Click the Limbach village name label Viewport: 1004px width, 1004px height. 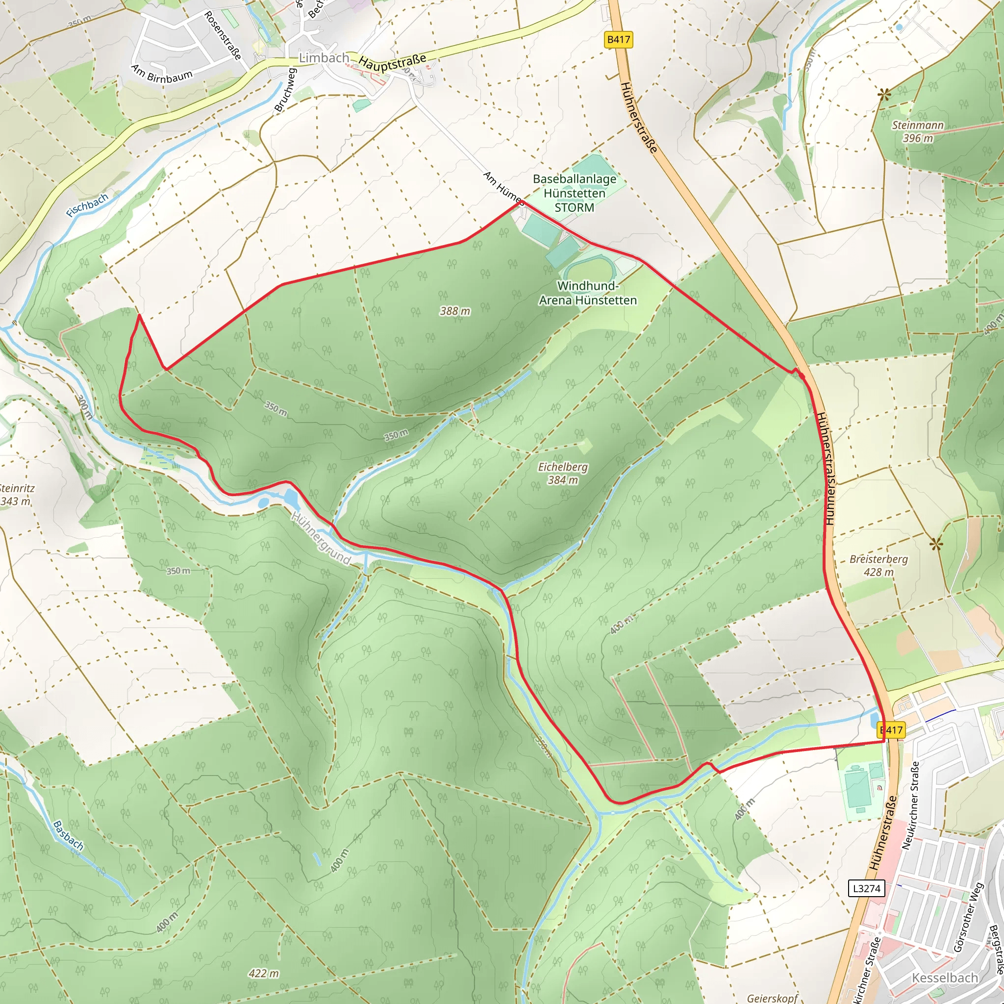[324, 58]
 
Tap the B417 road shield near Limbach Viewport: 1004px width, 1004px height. [618, 40]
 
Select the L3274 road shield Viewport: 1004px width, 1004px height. [866, 888]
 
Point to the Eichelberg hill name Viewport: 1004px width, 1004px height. [563, 467]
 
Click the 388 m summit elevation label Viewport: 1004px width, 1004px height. [455, 311]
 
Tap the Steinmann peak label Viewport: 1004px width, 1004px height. [918, 125]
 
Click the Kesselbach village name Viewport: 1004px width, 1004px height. [945, 978]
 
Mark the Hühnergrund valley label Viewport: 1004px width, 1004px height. [321, 539]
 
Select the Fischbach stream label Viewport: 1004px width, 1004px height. [87, 205]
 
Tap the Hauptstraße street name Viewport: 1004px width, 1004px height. [392, 62]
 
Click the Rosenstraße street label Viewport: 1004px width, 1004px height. [223, 35]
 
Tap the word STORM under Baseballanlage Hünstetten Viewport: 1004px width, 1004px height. [574, 207]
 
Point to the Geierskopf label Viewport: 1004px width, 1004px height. [772, 998]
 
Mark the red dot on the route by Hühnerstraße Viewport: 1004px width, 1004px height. [802, 376]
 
